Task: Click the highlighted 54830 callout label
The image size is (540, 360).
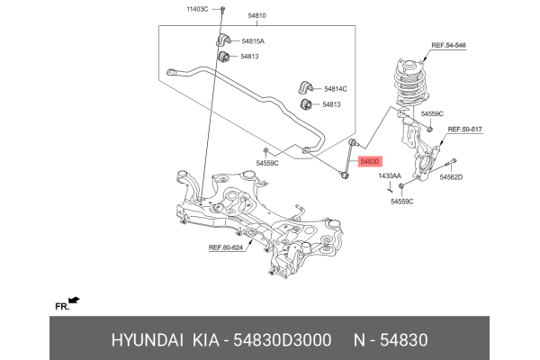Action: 368,162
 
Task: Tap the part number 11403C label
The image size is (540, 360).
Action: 197,8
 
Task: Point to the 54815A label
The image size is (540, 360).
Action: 253,41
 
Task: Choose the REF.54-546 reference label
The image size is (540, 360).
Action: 449,44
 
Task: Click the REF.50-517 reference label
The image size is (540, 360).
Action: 465,130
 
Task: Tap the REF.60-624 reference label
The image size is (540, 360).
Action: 226,247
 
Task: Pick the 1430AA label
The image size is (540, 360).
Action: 390,176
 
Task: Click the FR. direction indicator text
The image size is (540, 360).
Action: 62,307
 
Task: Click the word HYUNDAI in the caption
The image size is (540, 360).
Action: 147,340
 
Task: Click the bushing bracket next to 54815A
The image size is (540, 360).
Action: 224,40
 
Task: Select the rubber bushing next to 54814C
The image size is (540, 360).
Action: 304,87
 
